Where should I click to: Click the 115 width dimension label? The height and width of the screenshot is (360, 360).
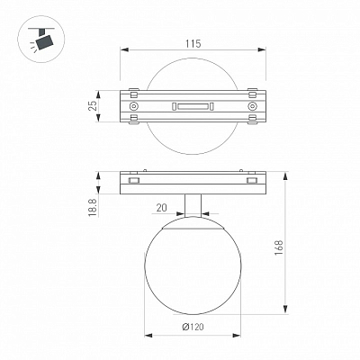[193, 44]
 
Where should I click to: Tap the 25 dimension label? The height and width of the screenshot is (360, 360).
[94, 105]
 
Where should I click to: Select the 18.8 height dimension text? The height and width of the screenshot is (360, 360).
[93, 208]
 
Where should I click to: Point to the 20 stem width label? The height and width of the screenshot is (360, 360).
[162, 208]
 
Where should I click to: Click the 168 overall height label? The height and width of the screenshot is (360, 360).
[278, 247]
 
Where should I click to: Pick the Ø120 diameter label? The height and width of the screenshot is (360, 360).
[193, 327]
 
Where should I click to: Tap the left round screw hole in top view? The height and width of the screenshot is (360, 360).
[133, 106]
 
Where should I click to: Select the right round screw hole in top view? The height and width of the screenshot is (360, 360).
[253, 106]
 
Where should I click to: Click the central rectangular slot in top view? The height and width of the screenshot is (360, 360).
[193, 106]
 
